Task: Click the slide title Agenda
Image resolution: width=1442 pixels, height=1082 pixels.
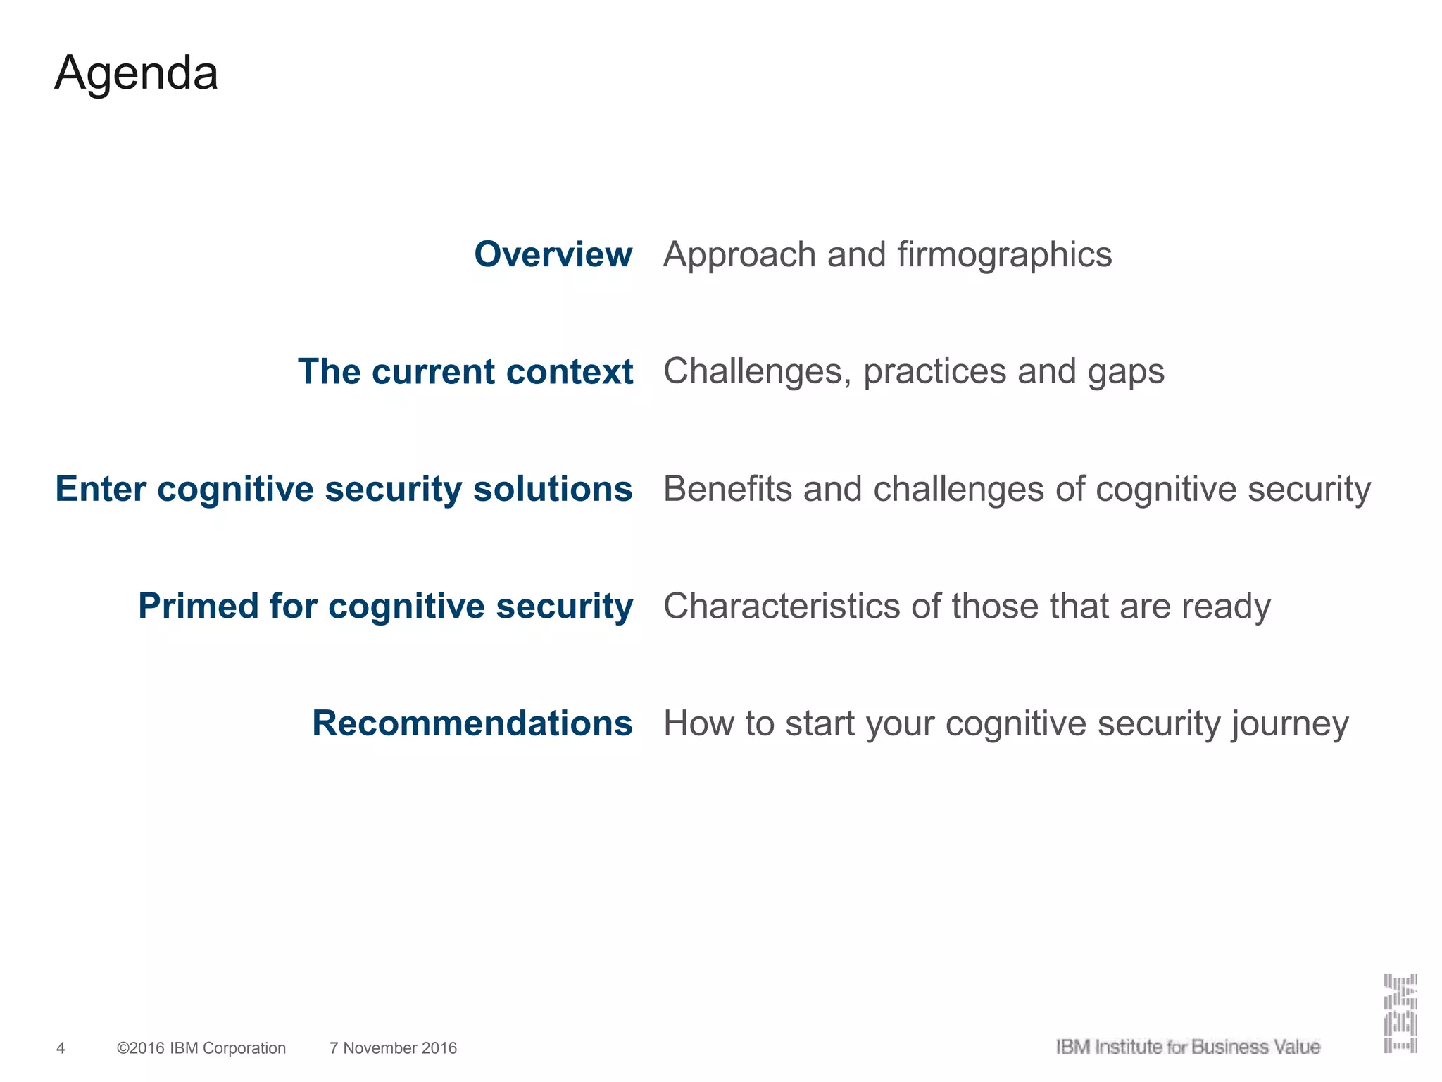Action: click(x=136, y=74)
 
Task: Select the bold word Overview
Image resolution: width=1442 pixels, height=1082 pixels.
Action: click(x=553, y=254)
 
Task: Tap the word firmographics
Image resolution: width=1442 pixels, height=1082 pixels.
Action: click(x=1005, y=255)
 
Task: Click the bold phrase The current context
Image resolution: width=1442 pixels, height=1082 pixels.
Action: click(x=465, y=371)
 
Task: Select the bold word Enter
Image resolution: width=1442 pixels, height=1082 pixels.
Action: click(x=100, y=489)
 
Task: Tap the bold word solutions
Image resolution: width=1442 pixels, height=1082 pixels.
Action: click(x=552, y=489)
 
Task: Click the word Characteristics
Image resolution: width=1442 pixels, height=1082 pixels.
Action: click(x=782, y=606)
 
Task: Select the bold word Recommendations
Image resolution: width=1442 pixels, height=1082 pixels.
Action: click(x=472, y=723)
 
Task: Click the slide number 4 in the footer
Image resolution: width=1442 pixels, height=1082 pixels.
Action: click(x=61, y=1048)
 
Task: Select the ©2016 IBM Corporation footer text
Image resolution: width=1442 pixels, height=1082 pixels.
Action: click(x=201, y=1048)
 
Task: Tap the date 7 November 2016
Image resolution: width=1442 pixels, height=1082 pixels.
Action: click(x=393, y=1048)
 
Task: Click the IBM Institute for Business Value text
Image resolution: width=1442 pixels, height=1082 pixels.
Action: click(x=1187, y=1047)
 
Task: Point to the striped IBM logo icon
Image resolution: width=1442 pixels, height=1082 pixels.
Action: click(x=1400, y=1014)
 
